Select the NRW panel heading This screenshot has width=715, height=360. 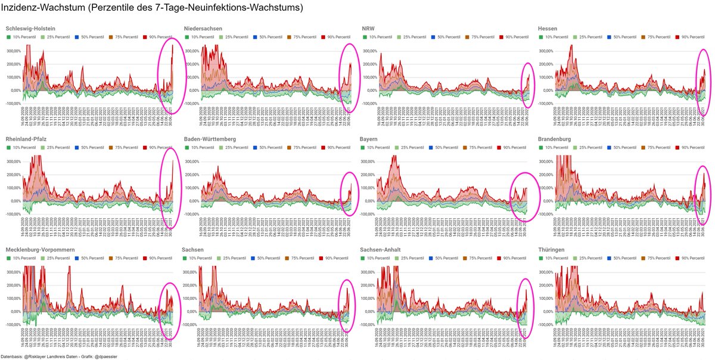pos(369,29)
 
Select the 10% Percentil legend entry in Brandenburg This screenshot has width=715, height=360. pos(555,147)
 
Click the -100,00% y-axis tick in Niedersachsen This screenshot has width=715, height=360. pos(191,104)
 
